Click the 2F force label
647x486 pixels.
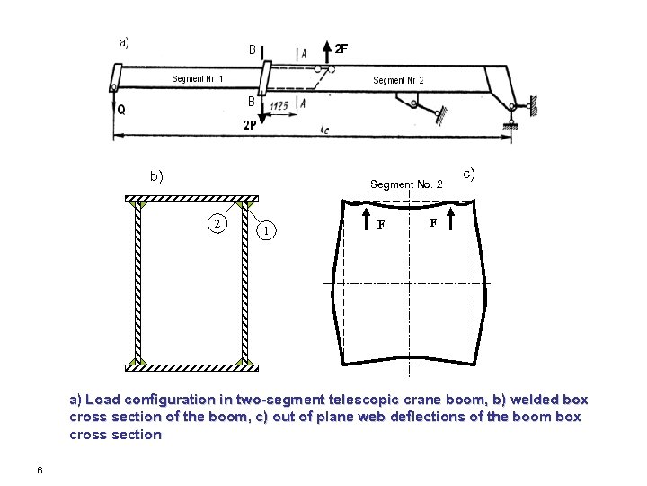click(341, 49)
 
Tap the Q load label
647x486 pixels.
click(120, 111)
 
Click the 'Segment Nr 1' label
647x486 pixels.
click(198, 79)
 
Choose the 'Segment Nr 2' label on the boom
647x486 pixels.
click(398, 80)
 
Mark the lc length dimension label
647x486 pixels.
click(323, 129)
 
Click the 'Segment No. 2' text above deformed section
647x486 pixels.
click(406, 184)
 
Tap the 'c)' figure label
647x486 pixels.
click(468, 173)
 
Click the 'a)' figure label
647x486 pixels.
click(124, 40)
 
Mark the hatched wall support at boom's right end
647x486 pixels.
click(533, 106)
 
